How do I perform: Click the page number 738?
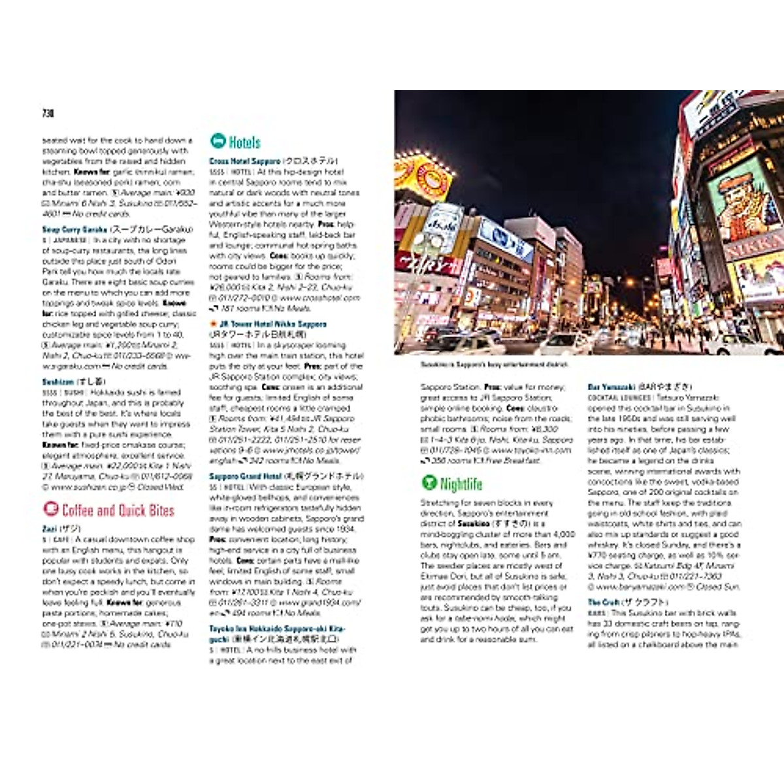(48, 114)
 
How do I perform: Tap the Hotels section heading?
(244, 142)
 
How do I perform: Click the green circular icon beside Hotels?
(218, 141)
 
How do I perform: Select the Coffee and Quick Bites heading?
(118, 510)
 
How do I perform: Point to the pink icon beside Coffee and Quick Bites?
(50, 509)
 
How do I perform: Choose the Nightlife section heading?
(461, 484)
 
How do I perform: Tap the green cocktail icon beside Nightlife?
(429, 483)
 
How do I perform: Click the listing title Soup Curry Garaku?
(75, 230)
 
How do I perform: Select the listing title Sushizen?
(58, 382)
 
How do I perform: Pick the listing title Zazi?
(50, 529)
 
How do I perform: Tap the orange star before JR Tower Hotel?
(212, 324)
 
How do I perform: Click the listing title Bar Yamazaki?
(612, 387)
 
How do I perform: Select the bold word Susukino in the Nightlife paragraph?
(474, 524)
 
